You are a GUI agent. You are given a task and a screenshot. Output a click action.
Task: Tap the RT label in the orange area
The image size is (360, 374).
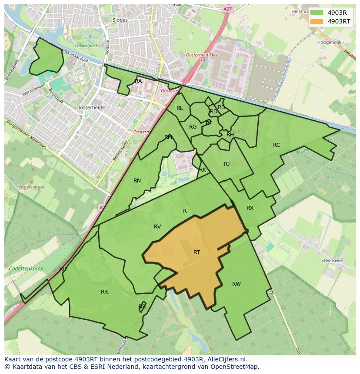pyautogui.click(x=197, y=252)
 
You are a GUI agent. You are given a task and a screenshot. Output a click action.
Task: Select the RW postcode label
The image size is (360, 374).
pyautogui.click(x=236, y=284)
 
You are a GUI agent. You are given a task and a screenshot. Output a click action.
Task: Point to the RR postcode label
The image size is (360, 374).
pyautogui.click(x=104, y=292)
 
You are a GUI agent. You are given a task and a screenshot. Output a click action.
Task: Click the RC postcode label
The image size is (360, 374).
pyautogui.click(x=277, y=145)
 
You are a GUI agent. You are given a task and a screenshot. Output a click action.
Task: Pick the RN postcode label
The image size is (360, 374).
pyautogui.click(x=137, y=181)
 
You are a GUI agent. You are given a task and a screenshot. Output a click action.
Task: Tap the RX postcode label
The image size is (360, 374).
pyautogui.click(x=250, y=208)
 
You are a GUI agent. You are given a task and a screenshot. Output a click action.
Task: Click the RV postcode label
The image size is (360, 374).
pyautogui.click(x=157, y=227)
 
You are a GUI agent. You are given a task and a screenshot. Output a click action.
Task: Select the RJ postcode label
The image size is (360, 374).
pyautogui.click(x=227, y=164)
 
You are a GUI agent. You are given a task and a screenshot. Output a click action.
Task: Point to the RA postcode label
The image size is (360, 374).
pyautogui.click(x=138, y=81)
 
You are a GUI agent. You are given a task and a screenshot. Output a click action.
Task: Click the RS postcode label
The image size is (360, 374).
pyautogui.click(x=142, y=307)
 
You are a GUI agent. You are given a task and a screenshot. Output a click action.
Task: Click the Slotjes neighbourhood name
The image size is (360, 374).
pyautogui.click(x=120, y=20)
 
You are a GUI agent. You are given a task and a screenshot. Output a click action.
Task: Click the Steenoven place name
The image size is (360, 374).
pyautogui.click(x=332, y=260)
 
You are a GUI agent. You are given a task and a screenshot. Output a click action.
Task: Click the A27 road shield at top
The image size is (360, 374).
pyautogui.click(x=227, y=8)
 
